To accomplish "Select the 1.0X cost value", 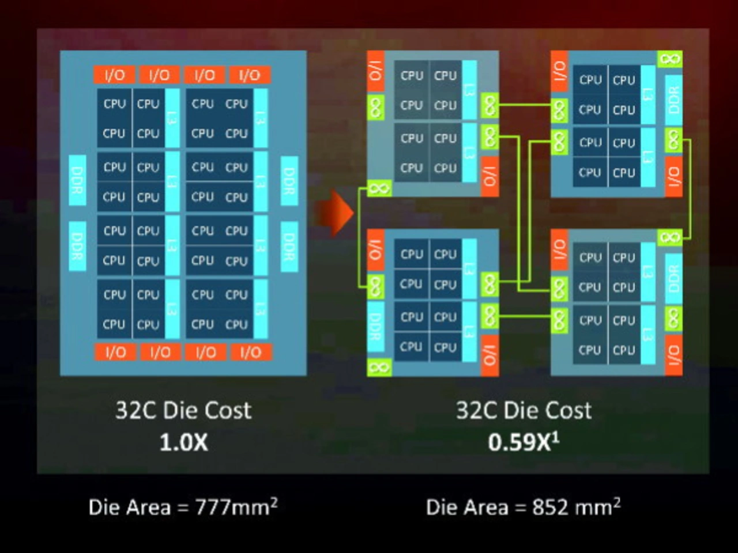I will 183,442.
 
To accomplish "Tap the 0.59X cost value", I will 523,442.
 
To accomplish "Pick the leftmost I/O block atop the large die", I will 114,75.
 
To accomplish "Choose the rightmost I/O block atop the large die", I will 250,75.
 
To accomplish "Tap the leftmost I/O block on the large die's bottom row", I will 115,352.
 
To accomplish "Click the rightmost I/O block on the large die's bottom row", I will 251,352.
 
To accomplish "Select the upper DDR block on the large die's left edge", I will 77,180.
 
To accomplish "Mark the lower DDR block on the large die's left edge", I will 77,246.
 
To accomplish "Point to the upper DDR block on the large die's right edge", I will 289,180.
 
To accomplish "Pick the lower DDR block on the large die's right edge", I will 289,246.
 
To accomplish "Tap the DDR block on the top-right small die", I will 673,100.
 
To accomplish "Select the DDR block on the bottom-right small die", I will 673,278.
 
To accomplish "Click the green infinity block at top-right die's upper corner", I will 669,59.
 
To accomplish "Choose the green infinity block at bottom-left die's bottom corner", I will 379,367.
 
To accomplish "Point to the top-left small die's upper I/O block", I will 375,71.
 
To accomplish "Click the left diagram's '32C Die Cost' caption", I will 183,410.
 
